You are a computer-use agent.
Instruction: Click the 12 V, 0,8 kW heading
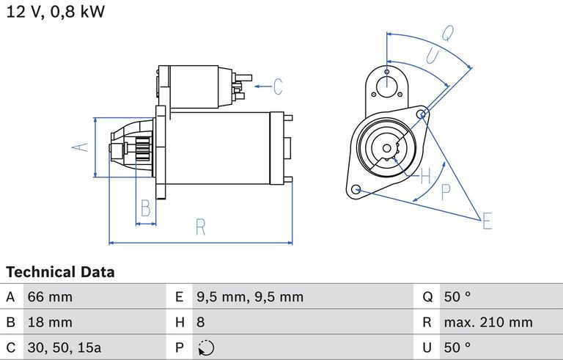[56, 13]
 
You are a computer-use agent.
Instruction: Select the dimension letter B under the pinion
[146, 209]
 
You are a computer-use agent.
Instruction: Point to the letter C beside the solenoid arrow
[278, 87]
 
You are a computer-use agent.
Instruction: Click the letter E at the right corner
[487, 220]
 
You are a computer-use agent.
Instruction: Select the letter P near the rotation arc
[445, 192]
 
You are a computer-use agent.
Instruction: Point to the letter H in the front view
[425, 175]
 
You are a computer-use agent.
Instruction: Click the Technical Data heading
[60, 272]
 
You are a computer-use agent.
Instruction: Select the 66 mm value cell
[50, 297]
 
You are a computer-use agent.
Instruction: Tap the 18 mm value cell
[50, 322]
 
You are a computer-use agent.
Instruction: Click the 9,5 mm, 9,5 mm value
[249, 297]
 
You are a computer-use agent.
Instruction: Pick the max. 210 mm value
[488, 322]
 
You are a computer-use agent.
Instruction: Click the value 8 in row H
[200, 322]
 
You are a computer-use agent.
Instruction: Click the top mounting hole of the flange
[386, 73]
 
